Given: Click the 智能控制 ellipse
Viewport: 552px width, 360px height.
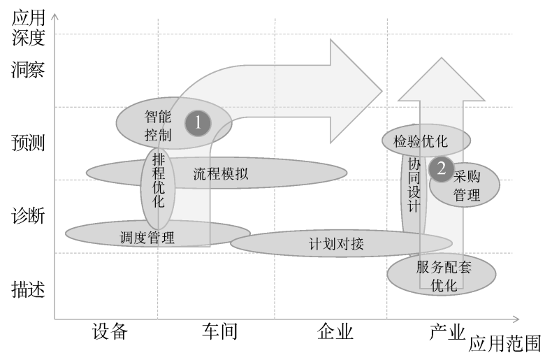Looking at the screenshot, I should pyautogui.click(x=158, y=123).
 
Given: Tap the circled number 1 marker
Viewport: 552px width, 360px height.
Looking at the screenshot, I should pyautogui.click(x=198, y=123).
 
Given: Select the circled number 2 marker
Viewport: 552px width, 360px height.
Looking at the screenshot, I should pyautogui.click(x=441, y=168).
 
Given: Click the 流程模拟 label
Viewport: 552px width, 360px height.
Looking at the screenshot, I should pyautogui.click(x=220, y=174).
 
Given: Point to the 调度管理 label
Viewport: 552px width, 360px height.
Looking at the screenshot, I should pyautogui.click(x=147, y=237).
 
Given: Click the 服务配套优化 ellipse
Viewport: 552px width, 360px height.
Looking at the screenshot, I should pyautogui.click(x=443, y=275).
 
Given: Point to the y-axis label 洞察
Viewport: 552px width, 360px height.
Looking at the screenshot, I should pyautogui.click(x=29, y=70).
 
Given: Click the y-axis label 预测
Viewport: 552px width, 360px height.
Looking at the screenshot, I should pyautogui.click(x=29, y=143).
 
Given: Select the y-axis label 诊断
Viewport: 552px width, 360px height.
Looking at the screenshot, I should pyautogui.click(x=29, y=216).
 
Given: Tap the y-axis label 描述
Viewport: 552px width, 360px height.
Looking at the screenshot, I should pyautogui.click(x=29, y=289).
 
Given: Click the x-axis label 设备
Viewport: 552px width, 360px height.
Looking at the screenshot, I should pyautogui.click(x=110, y=331).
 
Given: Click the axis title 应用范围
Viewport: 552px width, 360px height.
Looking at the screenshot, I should pyautogui.click(x=504, y=343).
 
